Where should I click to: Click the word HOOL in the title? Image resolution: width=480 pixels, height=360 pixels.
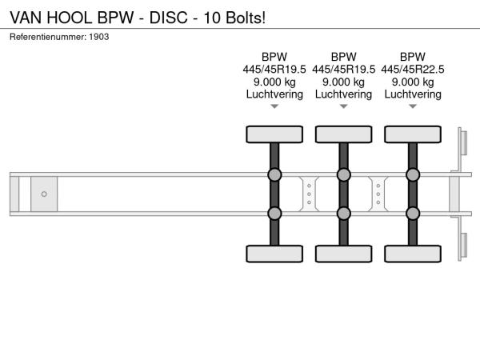coord(69,18)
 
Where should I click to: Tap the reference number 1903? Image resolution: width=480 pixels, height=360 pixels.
coord(99,37)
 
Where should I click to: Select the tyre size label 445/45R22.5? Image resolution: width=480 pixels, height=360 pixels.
coord(413,69)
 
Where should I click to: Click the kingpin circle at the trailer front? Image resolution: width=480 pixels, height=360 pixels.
coord(44,194)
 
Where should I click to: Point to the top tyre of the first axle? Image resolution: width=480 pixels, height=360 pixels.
coord(274,134)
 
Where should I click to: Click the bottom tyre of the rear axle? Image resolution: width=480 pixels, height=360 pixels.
coord(413,254)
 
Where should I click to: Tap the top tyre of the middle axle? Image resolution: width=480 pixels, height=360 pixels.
coord(344,134)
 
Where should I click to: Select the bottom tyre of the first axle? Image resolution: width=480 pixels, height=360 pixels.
coord(274,254)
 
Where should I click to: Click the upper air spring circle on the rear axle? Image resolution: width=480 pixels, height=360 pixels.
coord(413,174)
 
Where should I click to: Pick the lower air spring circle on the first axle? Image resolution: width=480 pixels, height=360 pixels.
coord(274,214)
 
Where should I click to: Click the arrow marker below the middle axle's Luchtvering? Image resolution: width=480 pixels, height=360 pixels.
coord(344,106)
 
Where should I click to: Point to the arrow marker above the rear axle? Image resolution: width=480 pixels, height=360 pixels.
coord(413,106)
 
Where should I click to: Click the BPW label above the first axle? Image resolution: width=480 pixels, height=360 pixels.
coord(274,57)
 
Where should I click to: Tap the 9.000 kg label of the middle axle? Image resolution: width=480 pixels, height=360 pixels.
coord(344,82)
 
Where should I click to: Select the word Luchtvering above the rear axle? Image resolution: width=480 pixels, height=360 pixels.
coord(413,94)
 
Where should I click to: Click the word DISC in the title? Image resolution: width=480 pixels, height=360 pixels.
coord(168,18)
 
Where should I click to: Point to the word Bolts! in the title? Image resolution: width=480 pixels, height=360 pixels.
coord(246,18)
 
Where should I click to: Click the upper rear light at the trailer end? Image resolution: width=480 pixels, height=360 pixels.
coord(463,142)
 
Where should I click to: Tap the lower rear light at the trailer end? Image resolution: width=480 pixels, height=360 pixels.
coord(463,246)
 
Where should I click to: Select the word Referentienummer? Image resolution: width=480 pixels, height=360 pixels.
coord(48,37)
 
